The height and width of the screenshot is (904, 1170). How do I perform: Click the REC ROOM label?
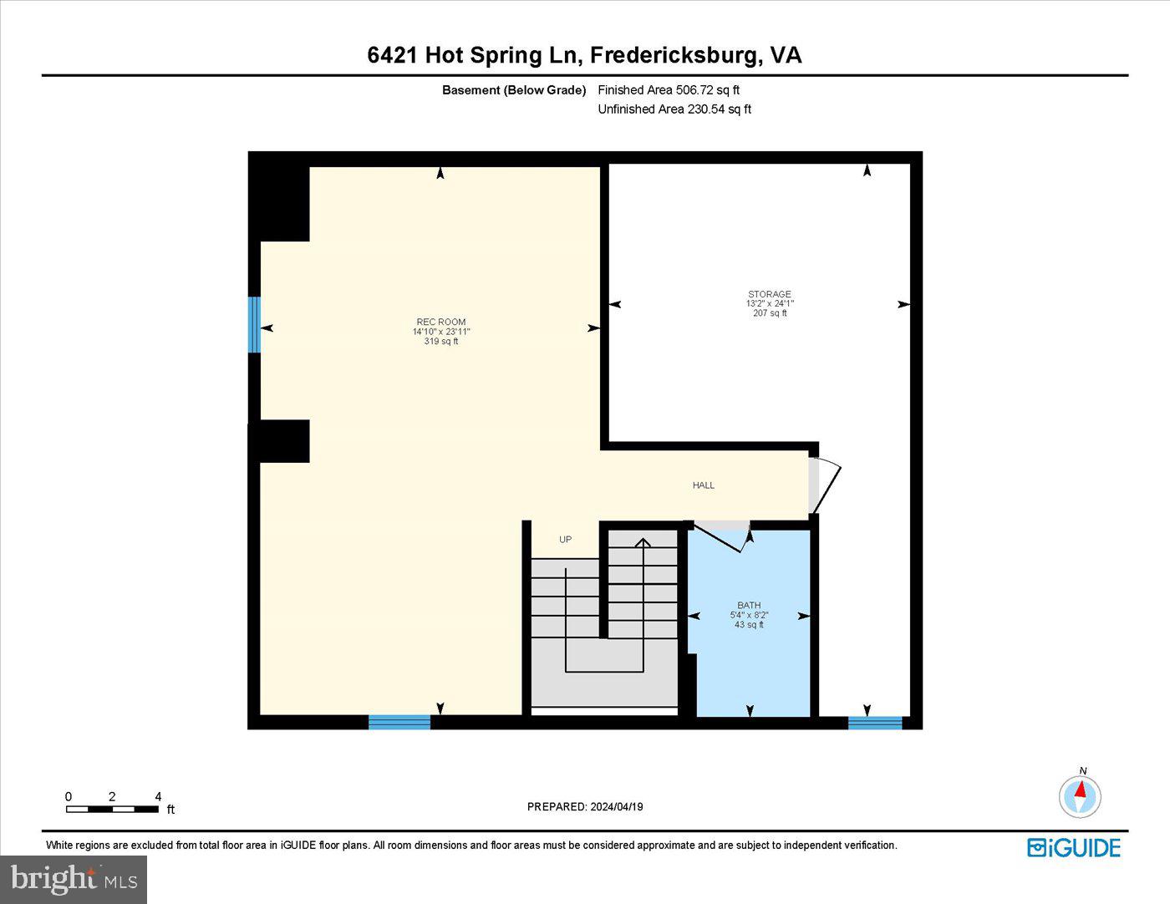pyautogui.click(x=440, y=322)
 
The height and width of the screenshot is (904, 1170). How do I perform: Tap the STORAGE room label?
pyautogui.click(x=769, y=294)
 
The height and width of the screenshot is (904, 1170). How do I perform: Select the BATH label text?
pyautogui.click(x=749, y=605)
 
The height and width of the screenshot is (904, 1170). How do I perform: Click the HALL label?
pyautogui.click(x=703, y=485)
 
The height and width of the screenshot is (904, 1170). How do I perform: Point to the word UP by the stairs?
pyautogui.click(x=565, y=540)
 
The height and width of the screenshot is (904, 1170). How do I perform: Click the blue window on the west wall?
pyautogui.click(x=254, y=324)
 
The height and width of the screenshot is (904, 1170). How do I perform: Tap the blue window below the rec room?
pyautogui.click(x=399, y=722)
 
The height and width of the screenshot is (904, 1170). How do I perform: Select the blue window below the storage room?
pyautogui.click(x=875, y=723)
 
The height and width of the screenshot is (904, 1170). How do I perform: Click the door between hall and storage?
pyautogui.click(x=822, y=485)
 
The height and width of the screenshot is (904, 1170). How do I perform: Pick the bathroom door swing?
pyautogui.click(x=724, y=536)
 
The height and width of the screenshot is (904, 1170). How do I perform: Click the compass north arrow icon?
pyautogui.click(x=1080, y=795)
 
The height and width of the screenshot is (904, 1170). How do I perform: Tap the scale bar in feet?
pyautogui.click(x=113, y=809)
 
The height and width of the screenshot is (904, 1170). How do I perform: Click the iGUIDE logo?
pyautogui.click(x=1073, y=847)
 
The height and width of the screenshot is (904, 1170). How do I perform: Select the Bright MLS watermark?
pyautogui.click(x=74, y=879)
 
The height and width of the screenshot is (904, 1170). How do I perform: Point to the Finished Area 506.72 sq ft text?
pyautogui.click(x=669, y=90)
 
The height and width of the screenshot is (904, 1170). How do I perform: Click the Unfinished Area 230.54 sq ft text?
pyautogui.click(x=674, y=109)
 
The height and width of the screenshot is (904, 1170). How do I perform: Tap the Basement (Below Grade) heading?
pyautogui.click(x=514, y=90)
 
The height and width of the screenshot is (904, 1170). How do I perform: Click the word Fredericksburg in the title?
pyautogui.click(x=676, y=55)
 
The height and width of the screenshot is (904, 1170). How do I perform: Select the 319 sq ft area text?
pyautogui.click(x=440, y=341)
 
